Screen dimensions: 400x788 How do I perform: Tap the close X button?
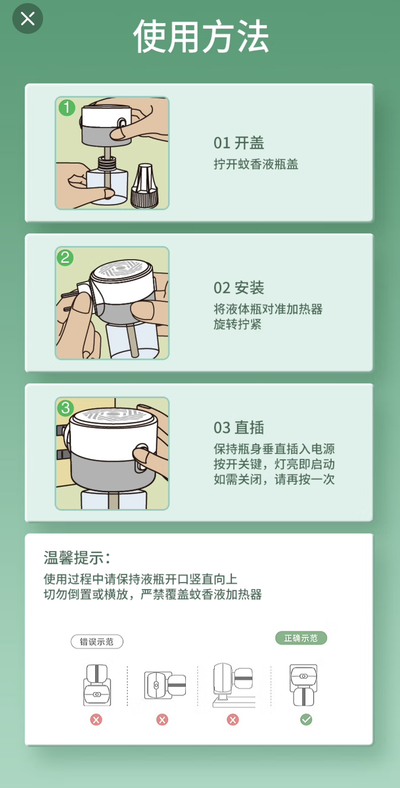28,18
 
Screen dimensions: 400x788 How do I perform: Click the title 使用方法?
201,36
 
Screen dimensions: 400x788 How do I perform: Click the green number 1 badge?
67,107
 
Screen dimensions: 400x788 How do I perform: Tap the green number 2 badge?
65,258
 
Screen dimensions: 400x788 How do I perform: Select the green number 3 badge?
66,408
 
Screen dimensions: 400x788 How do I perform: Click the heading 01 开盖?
239,143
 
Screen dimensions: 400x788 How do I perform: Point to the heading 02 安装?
239,288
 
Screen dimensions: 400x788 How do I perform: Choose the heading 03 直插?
239,428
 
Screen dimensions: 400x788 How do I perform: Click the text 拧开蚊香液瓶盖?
256,164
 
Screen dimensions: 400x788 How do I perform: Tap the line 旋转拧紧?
238,324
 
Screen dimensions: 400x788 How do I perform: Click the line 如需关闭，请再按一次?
274,479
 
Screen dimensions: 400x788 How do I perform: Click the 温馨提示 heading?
77,558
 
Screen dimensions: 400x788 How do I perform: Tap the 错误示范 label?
97,642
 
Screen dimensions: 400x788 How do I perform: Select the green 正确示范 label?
301,638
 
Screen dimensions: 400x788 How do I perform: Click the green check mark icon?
306,720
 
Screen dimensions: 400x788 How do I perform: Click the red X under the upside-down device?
96,720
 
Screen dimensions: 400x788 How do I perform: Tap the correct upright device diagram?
303,685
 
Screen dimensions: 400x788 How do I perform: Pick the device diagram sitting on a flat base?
234,685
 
